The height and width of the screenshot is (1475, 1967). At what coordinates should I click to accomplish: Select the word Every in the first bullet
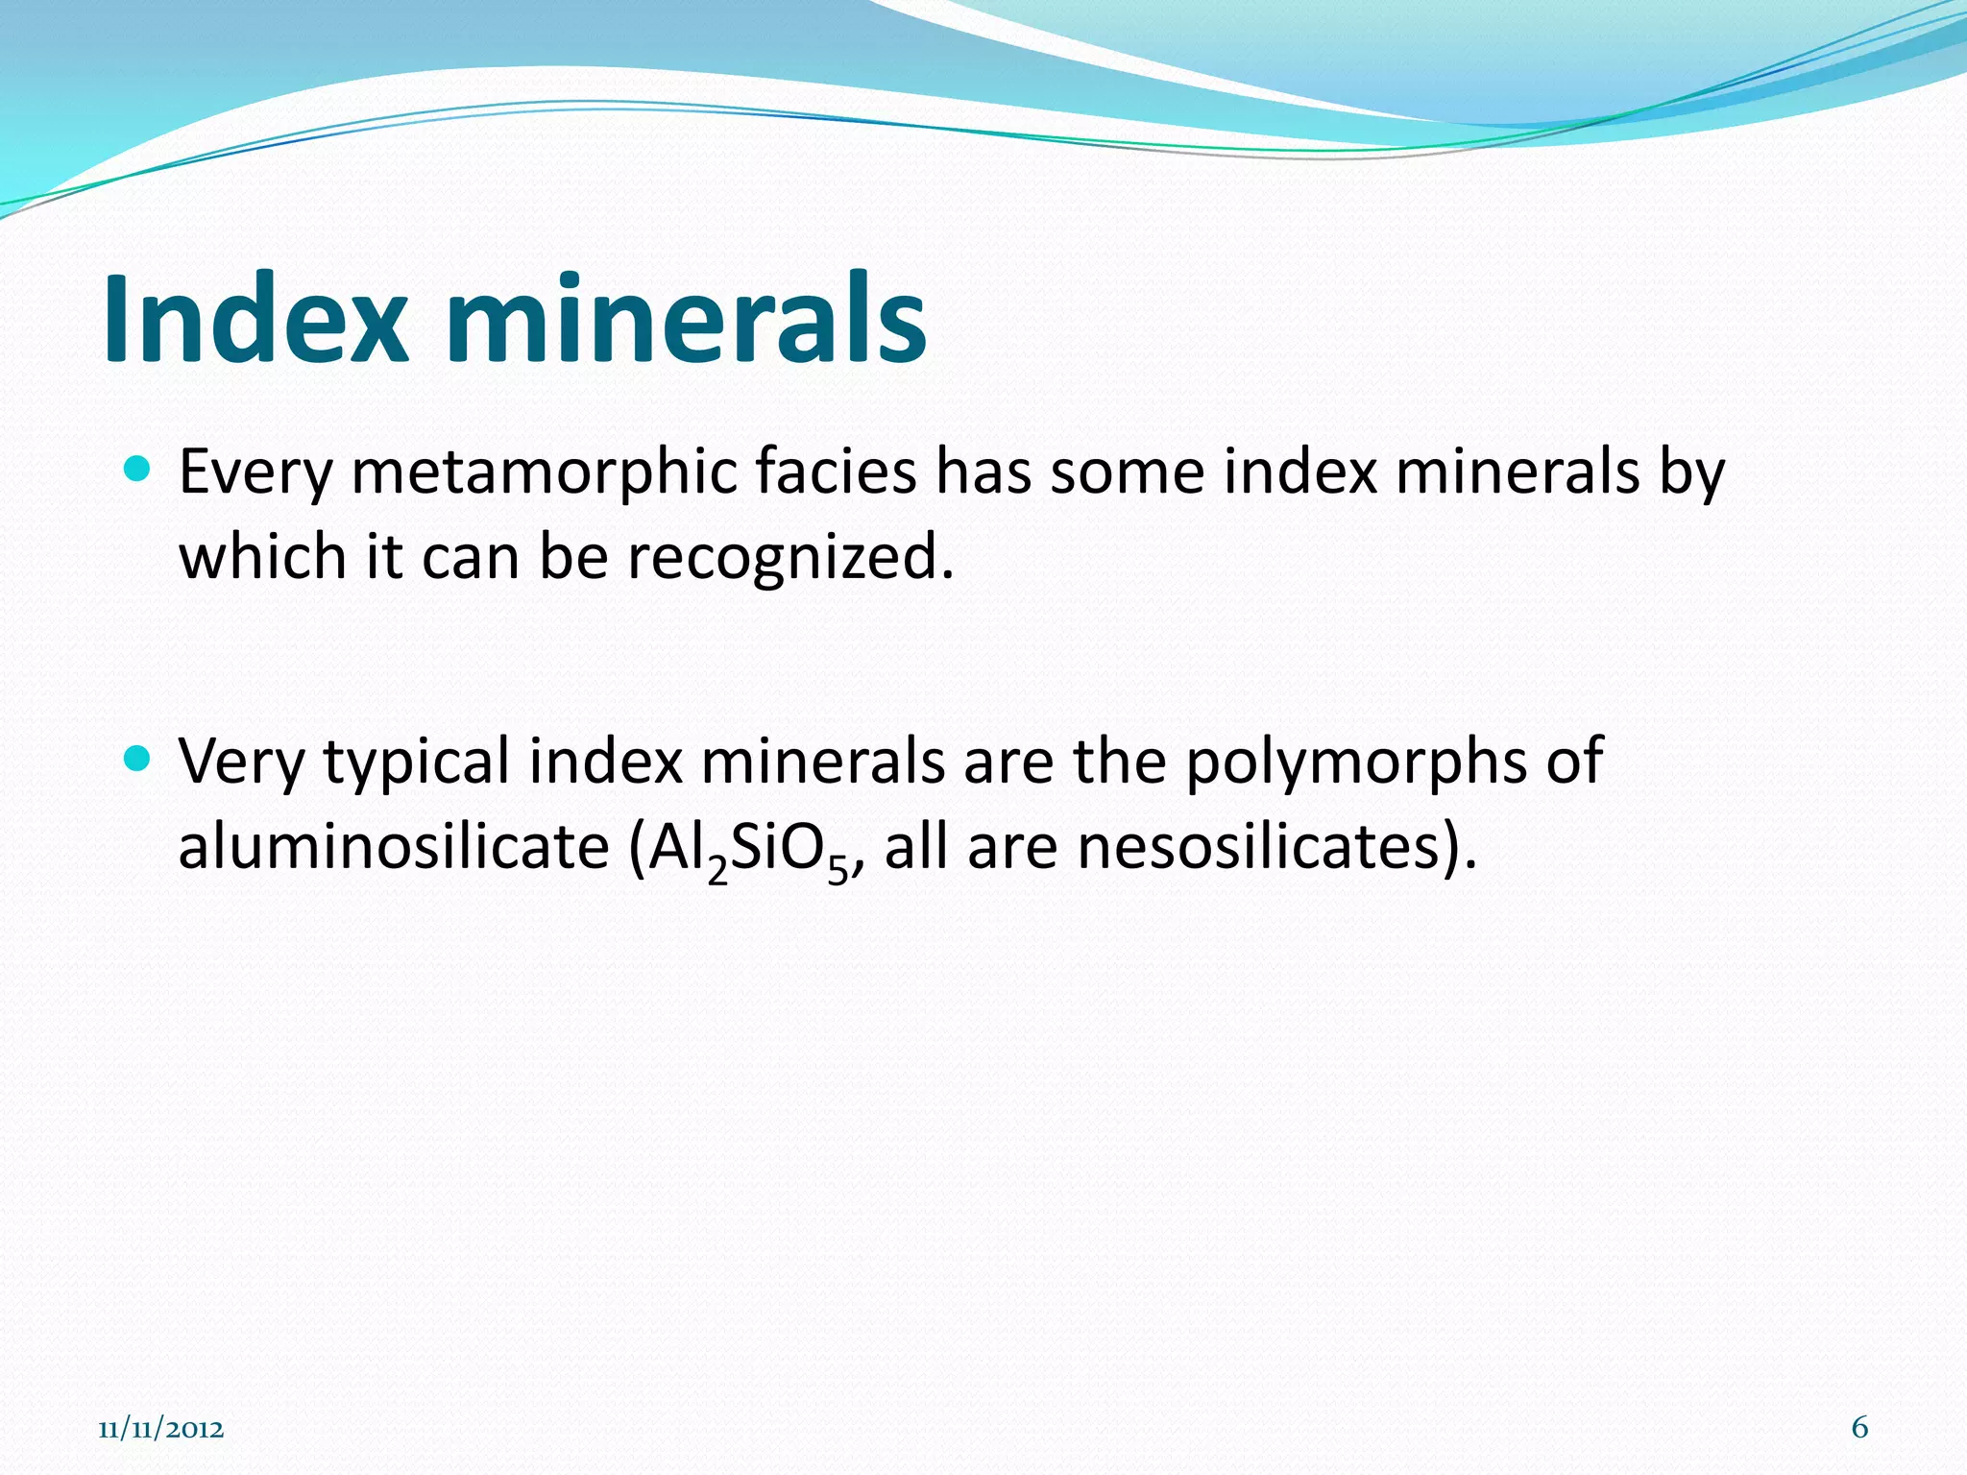tap(255, 473)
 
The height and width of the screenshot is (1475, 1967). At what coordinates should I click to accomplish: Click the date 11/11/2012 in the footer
tap(161, 1429)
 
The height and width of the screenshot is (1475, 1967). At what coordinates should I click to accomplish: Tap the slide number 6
tap(1859, 1427)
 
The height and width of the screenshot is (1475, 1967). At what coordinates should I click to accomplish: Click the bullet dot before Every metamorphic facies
tap(138, 470)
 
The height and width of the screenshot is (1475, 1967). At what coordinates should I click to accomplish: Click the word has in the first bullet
tap(983, 472)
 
